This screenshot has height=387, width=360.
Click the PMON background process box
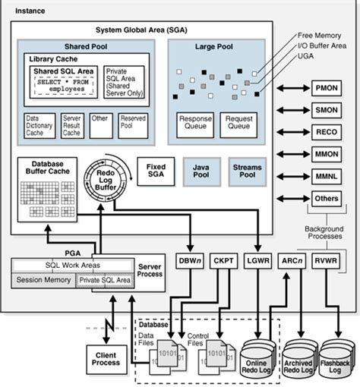click(x=327, y=88)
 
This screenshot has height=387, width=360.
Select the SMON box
click(x=327, y=110)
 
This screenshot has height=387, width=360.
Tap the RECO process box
click(x=327, y=132)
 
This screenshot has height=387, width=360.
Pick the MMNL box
click(x=327, y=176)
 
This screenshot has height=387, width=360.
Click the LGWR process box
click(x=257, y=260)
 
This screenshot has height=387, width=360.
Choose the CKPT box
click(x=223, y=260)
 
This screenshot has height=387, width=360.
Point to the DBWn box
click(x=190, y=260)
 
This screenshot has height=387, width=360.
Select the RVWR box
click(x=326, y=260)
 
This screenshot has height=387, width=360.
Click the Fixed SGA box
click(x=156, y=171)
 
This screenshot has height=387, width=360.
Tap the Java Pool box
click(x=201, y=172)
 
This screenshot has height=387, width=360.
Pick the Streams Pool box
click(x=248, y=172)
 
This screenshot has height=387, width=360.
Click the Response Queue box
click(x=195, y=125)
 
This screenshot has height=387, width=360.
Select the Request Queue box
click(x=238, y=125)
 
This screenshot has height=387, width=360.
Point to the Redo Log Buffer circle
click(x=106, y=180)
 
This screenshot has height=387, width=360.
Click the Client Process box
click(x=106, y=360)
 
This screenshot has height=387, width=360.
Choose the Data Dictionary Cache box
click(x=39, y=126)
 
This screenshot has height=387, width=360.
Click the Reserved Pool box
click(x=133, y=126)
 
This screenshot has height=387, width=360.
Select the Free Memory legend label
click(x=319, y=36)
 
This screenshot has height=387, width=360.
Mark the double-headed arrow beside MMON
click(x=293, y=154)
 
